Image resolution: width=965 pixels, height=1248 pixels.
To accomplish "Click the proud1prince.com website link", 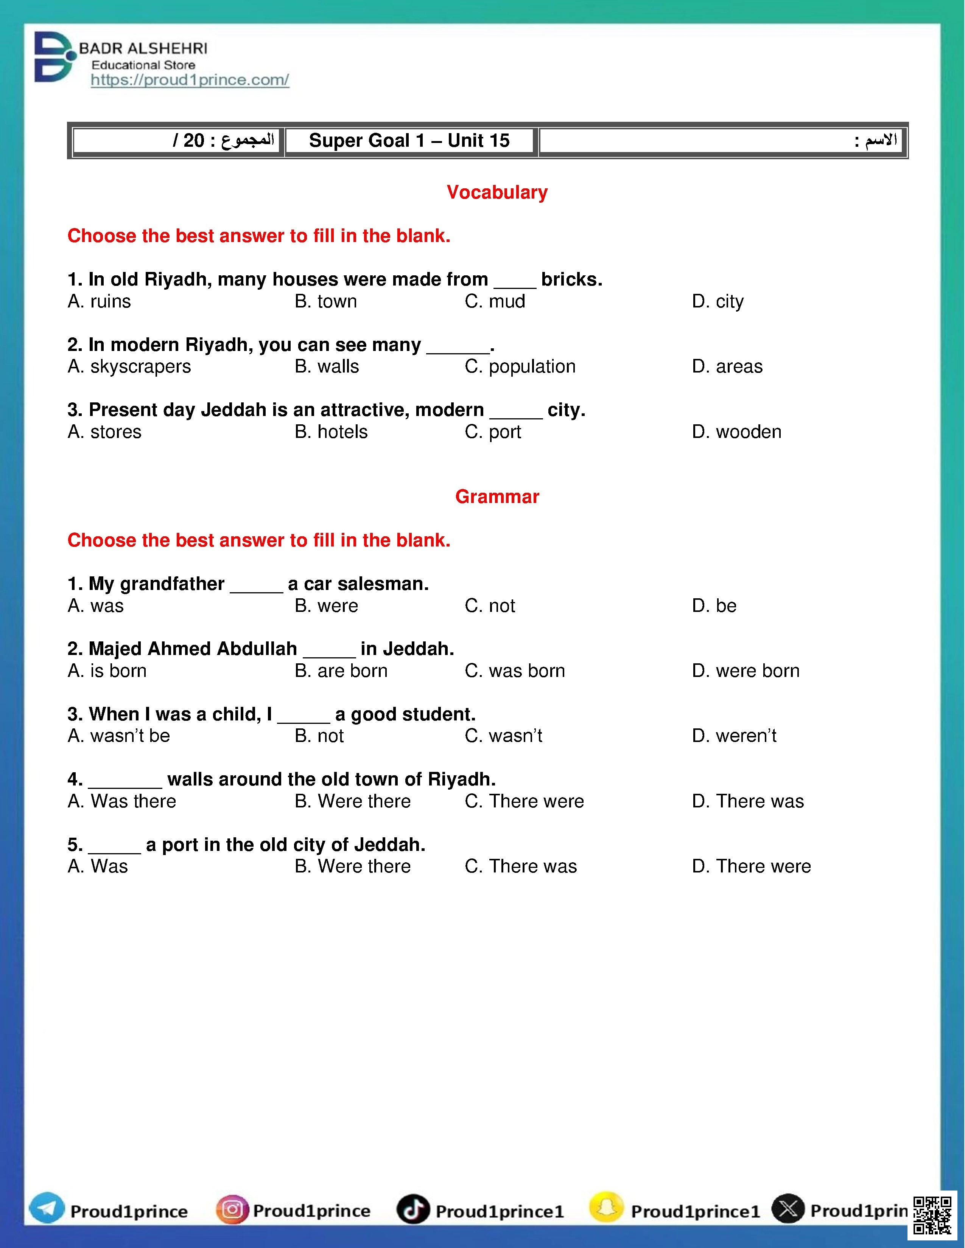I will (x=190, y=80).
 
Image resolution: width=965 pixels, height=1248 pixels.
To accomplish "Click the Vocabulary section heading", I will (x=497, y=192).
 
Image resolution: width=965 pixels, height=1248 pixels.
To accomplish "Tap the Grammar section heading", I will (x=497, y=497).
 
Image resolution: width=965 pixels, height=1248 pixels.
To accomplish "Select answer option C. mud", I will (x=495, y=301).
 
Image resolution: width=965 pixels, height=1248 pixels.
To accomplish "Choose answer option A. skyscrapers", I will (x=129, y=366).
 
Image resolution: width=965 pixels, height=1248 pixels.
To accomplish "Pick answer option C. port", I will (x=493, y=432).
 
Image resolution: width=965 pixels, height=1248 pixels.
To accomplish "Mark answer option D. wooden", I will (x=736, y=432).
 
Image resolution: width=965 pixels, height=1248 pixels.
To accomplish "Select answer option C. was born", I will (x=515, y=671).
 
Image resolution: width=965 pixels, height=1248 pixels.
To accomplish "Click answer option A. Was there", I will (x=122, y=801).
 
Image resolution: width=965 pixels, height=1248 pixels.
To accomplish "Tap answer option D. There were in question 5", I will (x=751, y=866).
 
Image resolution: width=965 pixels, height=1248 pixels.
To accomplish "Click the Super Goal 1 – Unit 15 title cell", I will (x=409, y=141).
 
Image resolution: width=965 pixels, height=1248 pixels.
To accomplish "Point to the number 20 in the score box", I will (x=194, y=141).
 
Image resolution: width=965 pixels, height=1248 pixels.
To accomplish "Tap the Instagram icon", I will (x=232, y=1210).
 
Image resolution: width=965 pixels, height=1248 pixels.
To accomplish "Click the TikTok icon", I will (x=413, y=1210).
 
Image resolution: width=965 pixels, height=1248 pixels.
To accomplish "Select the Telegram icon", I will (x=47, y=1210).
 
